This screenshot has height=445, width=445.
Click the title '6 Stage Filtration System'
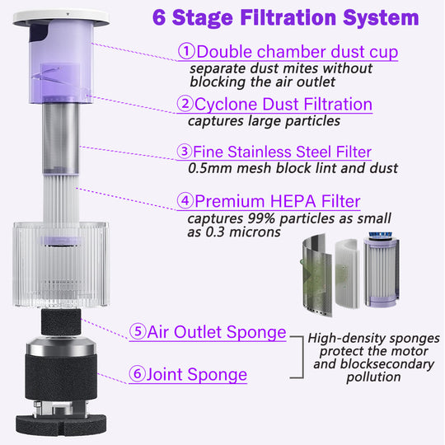click(285, 18)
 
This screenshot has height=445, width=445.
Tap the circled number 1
click(186, 51)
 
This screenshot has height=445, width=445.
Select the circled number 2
click(185, 103)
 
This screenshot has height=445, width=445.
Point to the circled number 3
click(185, 151)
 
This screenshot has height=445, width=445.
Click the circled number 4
click(185, 200)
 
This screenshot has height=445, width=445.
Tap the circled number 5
click(138, 331)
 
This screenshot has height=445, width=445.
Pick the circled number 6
click(137, 373)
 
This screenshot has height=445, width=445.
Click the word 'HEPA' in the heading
click(293, 201)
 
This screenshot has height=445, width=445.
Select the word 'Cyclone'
click(226, 105)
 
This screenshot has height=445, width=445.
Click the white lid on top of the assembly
click(61, 17)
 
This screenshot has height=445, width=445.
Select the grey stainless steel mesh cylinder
click(61, 138)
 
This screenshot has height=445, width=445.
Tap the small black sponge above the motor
click(61, 322)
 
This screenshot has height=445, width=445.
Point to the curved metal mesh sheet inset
click(316, 274)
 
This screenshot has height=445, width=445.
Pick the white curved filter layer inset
click(347, 273)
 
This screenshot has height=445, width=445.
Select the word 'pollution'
click(373, 377)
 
